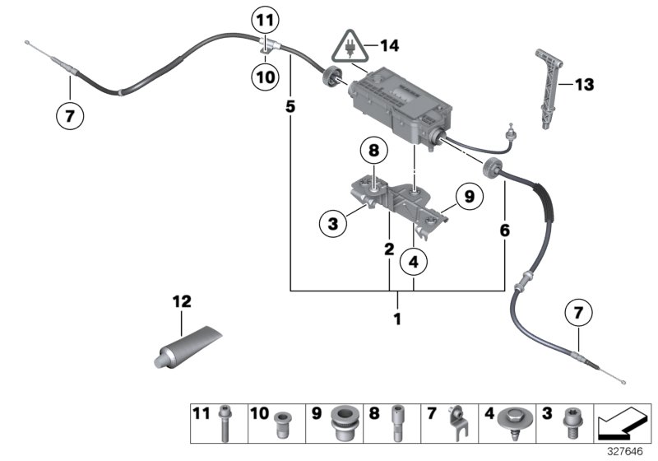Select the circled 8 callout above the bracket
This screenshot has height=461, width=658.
pos(373,151)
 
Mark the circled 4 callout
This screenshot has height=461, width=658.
pos(415,263)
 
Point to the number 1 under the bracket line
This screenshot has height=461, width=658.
pos(397,317)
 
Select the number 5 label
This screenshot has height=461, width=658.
pos(290,106)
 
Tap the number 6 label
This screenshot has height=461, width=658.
pos(503,232)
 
